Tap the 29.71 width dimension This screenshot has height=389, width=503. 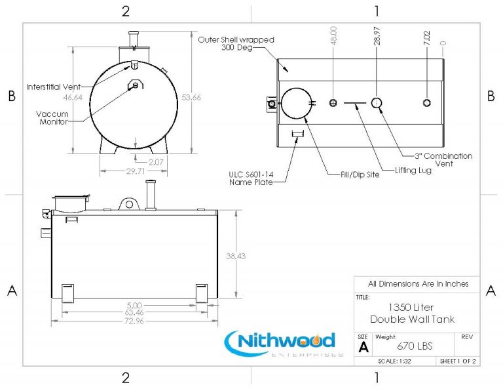(136, 171)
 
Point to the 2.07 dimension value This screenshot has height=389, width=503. (155, 161)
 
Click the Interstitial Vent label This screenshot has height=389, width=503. (53, 87)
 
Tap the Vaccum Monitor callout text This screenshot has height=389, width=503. (53, 117)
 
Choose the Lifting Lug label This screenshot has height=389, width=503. (413, 171)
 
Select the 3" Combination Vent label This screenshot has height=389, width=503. (443, 159)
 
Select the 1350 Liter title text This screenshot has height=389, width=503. (411, 307)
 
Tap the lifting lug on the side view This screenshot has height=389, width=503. (130, 203)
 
